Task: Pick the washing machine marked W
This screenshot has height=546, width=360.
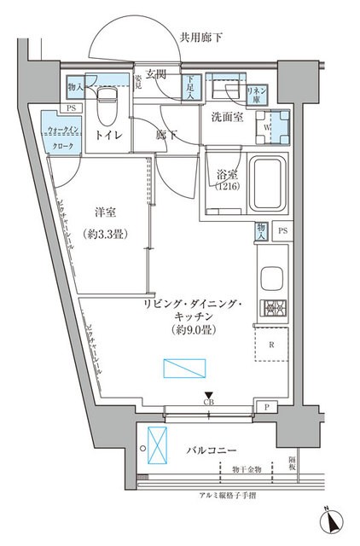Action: point(275,124)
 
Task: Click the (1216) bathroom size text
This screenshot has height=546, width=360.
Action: point(227,185)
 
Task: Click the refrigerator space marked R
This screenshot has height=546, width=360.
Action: point(271,346)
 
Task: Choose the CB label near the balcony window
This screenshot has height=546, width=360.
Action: point(209,402)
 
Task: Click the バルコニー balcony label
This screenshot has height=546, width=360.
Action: point(209,450)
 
